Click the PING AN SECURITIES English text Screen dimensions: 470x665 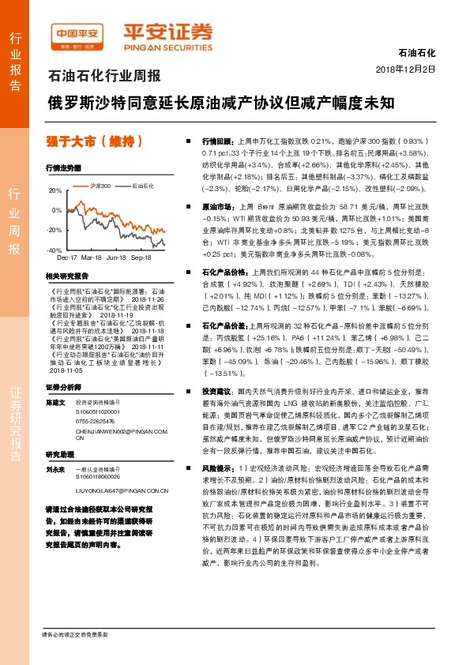(x=167, y=45)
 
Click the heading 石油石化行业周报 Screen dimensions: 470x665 (x=105, y=77)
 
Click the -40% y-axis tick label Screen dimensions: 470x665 (x=55, y=250)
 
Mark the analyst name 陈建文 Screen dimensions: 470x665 (x=56, y=401)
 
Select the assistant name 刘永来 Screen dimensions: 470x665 (x=56, y=467)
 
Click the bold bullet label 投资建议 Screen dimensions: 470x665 (x=218, y=391)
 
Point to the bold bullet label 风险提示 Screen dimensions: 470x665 (x=218, y=468)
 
